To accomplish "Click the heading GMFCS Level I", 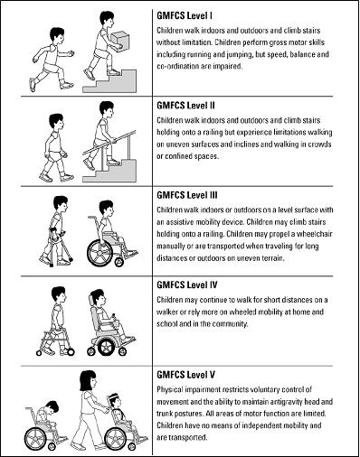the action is (185, 15).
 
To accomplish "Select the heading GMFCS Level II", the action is (185, 106).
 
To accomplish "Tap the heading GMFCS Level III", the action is (187, 195).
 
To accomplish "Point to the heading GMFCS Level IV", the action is (187, 284).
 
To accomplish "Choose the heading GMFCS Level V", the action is (186, 375).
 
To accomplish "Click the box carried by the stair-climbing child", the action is (119, 42).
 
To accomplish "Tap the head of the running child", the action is (57, 35).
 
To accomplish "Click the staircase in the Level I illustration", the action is (109, 80).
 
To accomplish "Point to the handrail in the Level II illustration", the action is (109, 143).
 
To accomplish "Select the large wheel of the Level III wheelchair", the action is (99, 251).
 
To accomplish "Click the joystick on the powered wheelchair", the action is (114, 317).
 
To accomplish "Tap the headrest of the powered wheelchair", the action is (90, 301).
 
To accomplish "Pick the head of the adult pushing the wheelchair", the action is (89, 380).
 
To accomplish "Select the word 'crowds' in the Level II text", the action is (320, 145).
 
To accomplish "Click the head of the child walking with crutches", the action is (61, 204).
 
